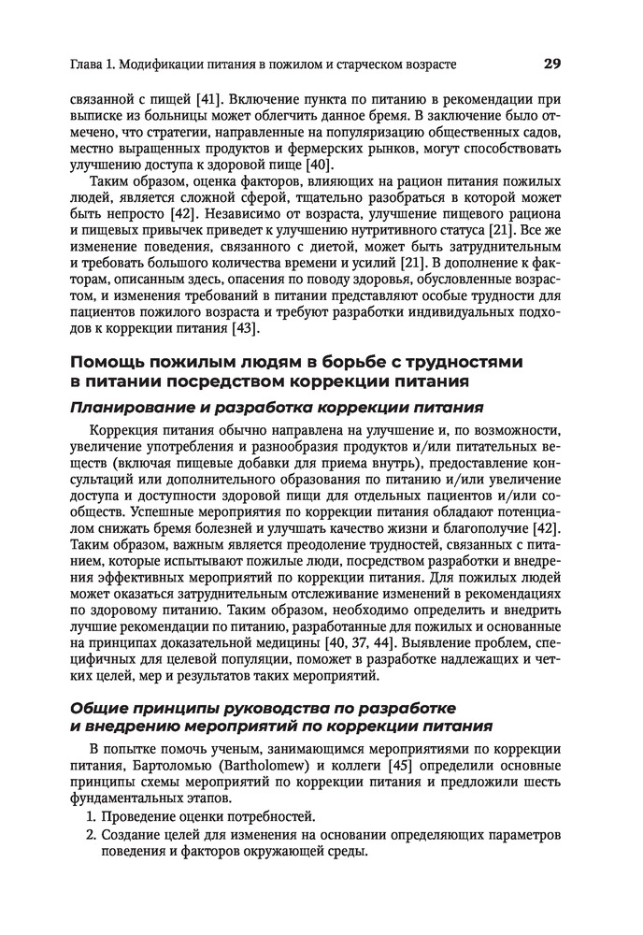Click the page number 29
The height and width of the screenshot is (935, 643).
[550, 65]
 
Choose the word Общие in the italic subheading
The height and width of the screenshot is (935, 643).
[102, 708]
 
